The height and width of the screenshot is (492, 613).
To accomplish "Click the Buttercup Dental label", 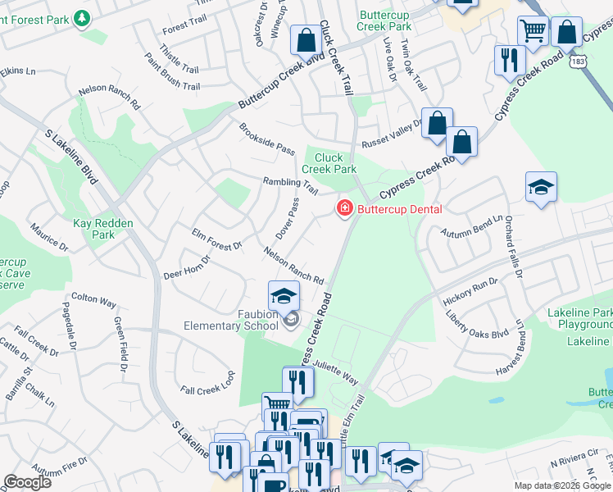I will tap(399, 210).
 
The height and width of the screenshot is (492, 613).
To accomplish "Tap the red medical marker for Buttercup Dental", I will tap(345, 210).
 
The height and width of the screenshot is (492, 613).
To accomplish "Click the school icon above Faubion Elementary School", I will tap(284, 296).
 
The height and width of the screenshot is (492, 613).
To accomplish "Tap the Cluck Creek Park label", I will tap(329, 163).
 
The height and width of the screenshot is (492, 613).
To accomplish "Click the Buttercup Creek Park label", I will tap(384, 20).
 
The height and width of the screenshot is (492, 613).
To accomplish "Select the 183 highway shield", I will tap(579, 61).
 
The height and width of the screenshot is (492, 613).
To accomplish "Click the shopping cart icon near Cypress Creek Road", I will tap(533, 31).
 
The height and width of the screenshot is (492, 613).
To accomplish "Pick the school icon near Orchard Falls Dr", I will tap(541, 188).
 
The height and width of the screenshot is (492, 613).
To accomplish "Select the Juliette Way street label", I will tap(335, 374).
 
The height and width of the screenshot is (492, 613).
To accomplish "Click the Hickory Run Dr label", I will tap(470, 292).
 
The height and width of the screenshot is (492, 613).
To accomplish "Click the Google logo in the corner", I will tap(27, 482).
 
